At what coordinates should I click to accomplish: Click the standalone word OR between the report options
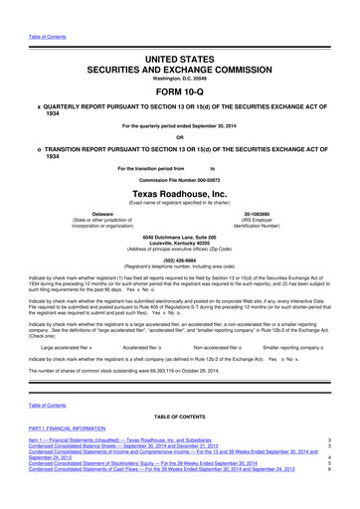[x=180, y=137]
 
